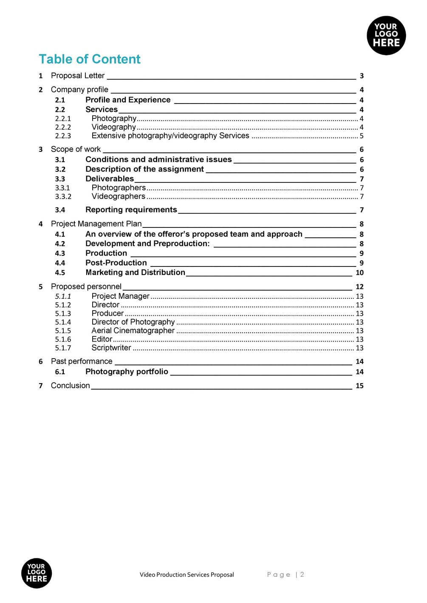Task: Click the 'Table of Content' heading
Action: point(89,59)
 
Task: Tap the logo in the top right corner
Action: point(386,35)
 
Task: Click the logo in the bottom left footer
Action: point(37,573)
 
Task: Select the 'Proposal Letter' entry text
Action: point(77,76)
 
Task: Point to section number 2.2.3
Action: point(63,136)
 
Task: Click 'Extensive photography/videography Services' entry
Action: point(170,136)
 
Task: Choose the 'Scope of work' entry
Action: point(76,149)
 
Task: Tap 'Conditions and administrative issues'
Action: point(158,160)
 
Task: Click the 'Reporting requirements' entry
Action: point(131,210)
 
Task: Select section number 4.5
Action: point(60,273)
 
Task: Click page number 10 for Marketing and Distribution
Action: point(359,273)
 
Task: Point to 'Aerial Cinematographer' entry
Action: point(133,331)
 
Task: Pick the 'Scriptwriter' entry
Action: point(111,348)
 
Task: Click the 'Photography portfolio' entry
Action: point(127,372)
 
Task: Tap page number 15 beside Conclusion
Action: point(359,386)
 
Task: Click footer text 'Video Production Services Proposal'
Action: point(187,575)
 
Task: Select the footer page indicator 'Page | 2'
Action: point(285,575)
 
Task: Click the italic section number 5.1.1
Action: point(63,296)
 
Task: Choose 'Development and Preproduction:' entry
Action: point(147,244)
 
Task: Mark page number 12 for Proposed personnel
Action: point(359,287)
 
